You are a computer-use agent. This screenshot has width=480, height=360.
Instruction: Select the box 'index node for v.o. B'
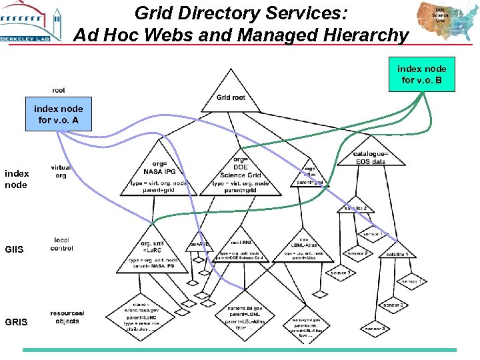click(422, 75)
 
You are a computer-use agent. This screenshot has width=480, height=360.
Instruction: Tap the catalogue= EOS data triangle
click(371, 158)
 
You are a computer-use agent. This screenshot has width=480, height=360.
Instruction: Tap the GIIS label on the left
click(15, 249)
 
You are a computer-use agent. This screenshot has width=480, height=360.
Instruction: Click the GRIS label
click(16, 321)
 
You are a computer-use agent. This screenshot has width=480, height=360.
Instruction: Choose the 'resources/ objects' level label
click(67, 317)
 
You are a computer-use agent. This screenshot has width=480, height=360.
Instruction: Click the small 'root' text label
click(59, 91)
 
